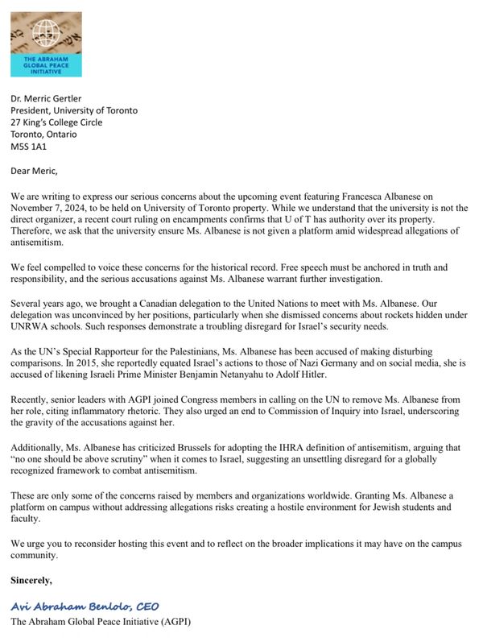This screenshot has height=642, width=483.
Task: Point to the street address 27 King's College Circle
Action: pos(68,122)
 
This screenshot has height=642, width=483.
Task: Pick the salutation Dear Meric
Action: pos(36,172)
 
